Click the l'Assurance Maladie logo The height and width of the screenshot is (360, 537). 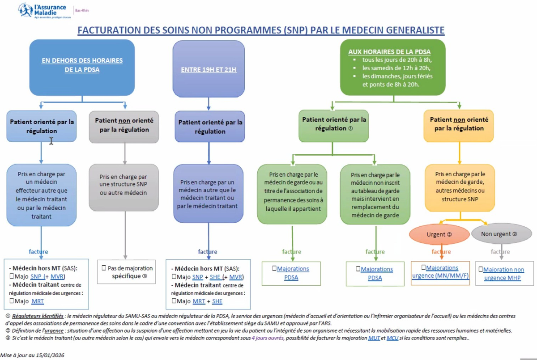pyautogui.click(x=45, y=11)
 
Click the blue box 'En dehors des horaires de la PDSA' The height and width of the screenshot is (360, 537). pyautogui.click(x=82, y=68)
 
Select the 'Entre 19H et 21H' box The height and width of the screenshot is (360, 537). pyautogui.click(x=209, y=69)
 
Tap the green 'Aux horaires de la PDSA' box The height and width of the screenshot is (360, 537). pyautogui.click(x=393, y=68)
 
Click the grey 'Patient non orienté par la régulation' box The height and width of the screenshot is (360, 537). pyautogui.click(x=124, y=127)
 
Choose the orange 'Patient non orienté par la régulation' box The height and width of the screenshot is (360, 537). pyautogui.click(x=459, y=126)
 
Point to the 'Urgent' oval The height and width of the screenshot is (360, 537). pyautogui.click(x=439, y=234)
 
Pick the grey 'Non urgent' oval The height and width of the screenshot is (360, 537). pyautogui.click(x=502, y=234)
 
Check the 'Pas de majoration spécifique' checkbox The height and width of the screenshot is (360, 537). pyautogui.click(x=104, y=268)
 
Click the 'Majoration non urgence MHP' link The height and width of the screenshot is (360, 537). pyautogui.click(x=503, y=274)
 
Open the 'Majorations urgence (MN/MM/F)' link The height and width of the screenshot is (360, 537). pyautogui.click(x=440, y=271)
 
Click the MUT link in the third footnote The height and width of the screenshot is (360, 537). pyautogui.click(x=374, y=338)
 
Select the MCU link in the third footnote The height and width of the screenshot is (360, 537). pyautogui.click(x=392, y=338)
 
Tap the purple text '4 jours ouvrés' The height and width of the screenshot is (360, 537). pyautogui.click(x=268, y=338)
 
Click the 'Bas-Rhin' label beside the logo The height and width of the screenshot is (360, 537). pyautogui.click(x=82, y=10)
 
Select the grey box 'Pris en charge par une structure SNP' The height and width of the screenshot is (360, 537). pyautogui.click(x=124, y=187)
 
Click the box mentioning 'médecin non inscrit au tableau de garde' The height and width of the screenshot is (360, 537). pyautogui.click(x=375, y=194)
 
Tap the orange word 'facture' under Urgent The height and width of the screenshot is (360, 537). pyautogui.click(x=441, y=251)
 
